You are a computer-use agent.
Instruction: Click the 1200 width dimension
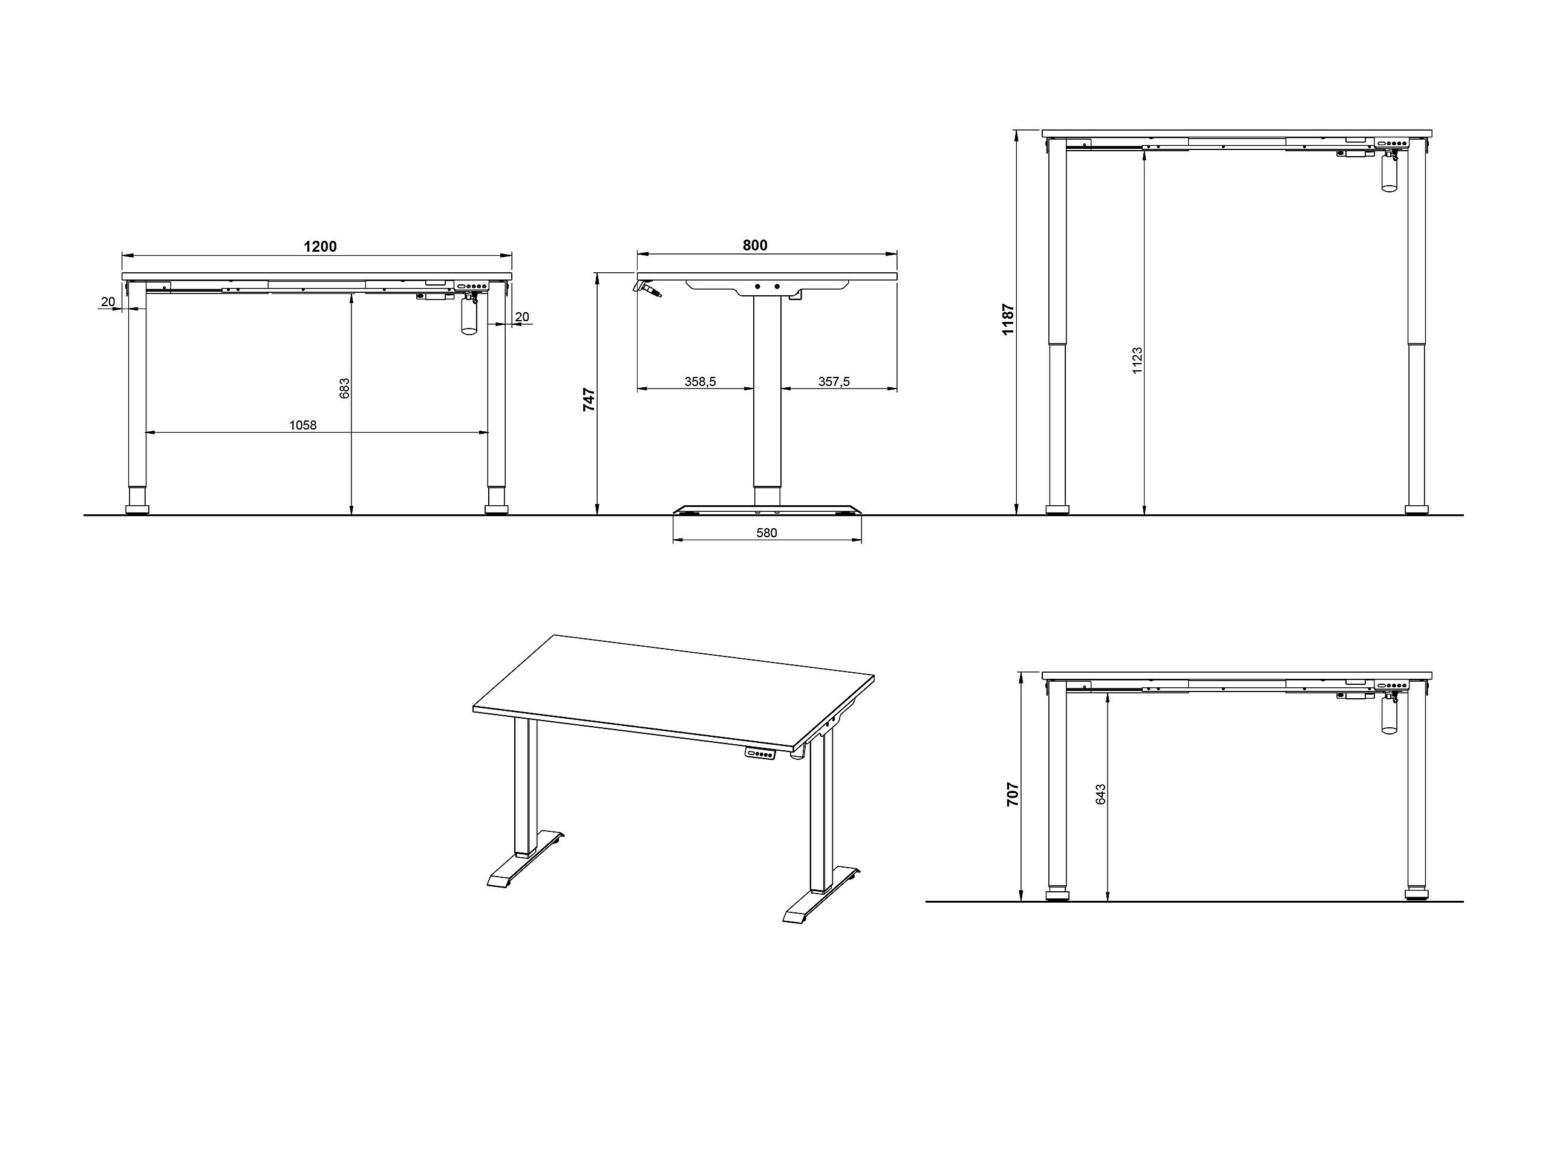pos(320,246)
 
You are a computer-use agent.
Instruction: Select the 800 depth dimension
pos(754,245)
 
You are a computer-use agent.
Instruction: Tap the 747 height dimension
pos(589,399)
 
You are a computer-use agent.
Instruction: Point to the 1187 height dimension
pos(1008,318)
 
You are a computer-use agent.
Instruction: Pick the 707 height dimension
pos(1013,794)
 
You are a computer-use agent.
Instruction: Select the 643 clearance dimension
pos(1101,794)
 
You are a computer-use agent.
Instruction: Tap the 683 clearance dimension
pos(344,388)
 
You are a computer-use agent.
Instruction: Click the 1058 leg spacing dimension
pos(302,425)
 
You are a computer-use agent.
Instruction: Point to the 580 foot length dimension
pos(766,532)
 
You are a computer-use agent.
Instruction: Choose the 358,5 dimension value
pos(700,381)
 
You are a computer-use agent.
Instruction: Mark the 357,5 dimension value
pos(834,381)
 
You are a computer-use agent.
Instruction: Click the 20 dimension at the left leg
pos(108,302)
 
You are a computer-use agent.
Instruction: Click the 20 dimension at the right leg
pos(522,317)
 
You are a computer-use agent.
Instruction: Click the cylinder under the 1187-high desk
pos(1388,175)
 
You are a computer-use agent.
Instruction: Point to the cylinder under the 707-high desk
pos(1388,718)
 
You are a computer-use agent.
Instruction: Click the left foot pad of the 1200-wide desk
pos(137,509)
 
